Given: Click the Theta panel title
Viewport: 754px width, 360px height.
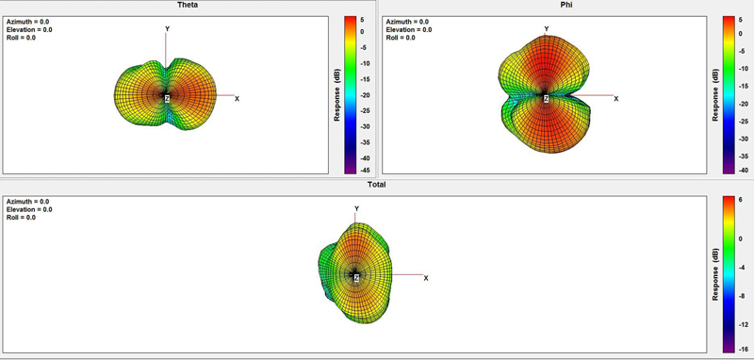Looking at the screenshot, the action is (188, 6).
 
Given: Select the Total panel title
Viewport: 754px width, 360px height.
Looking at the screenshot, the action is (376, 185).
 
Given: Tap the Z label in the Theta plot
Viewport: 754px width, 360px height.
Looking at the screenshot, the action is (168, 99).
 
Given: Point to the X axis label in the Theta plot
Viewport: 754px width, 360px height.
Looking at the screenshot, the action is (238, 99).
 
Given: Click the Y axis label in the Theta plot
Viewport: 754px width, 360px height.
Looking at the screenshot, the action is (168, 29).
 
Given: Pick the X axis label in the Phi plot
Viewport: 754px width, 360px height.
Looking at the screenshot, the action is (616, 99).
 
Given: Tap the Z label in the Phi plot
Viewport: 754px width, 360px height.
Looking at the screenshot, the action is (547, 99).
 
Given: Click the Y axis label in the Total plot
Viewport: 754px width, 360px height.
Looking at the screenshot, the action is (357, 208).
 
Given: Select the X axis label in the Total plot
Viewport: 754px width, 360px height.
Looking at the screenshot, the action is (426, 278).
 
